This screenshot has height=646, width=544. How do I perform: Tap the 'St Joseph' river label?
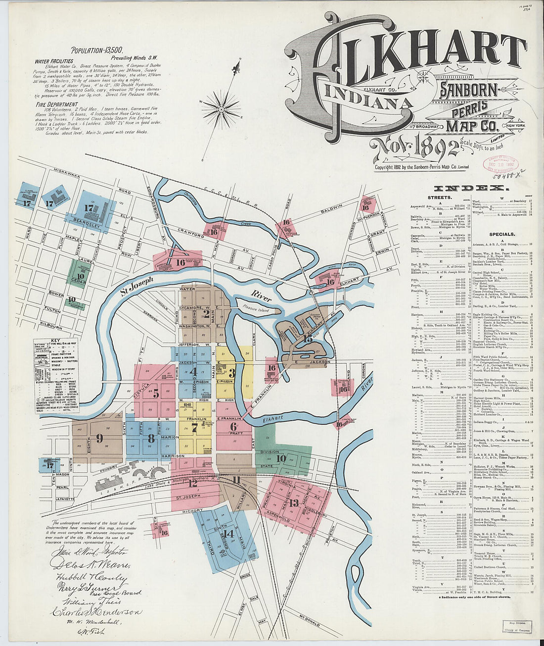[x=136, y=287]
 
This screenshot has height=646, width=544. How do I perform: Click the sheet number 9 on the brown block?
[x=99, y=438]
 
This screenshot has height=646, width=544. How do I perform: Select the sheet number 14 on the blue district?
[x=228, y=534]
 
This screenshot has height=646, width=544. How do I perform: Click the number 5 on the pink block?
[x=156, y=394]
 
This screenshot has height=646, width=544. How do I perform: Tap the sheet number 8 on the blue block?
[x=151, y=438]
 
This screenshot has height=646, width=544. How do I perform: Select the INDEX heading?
[x=470, y=188]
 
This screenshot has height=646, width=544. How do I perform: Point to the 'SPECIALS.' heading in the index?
[x=501, y=234]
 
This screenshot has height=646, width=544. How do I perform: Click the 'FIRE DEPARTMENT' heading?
[x=57, y=104]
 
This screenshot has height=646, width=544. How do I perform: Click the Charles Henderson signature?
[x=96, y=612]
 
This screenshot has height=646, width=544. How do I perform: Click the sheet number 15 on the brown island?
[x=308, y=339]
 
